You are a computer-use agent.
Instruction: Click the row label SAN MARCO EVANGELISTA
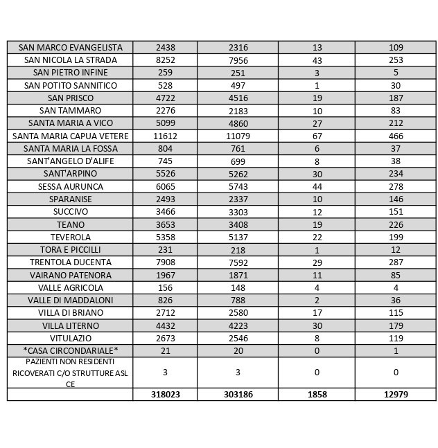coord(70,47)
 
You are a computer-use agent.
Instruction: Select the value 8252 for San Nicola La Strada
coord(165,60)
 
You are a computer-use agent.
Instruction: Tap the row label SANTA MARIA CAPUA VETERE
coord(70,136)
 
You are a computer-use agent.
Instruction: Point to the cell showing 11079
coord(238,136)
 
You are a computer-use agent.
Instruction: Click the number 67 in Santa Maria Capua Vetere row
coord(317,136)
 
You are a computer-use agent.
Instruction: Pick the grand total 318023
coord(165,394)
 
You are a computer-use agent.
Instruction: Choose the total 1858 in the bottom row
coord(317,394)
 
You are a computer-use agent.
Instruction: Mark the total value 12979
coord(395,394)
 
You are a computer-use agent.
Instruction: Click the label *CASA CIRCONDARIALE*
coord(70,350)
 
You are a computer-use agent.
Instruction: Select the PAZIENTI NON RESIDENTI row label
coord(70,373)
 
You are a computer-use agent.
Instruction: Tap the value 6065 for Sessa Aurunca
coord(165,186)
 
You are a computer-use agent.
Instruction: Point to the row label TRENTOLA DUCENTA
coord(70,262)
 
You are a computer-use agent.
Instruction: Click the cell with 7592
coord(238,262)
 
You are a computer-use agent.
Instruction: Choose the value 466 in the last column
coord(395,136)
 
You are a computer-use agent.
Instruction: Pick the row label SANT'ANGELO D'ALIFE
coord(70,161)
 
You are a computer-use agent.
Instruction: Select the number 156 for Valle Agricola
coord(165,287)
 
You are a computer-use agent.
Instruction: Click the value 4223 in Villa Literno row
coord(238,325)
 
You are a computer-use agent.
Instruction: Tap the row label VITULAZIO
coord(70,338)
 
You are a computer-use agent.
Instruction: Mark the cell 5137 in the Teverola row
coord(238,237)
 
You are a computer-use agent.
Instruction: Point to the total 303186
coord(238,394)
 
